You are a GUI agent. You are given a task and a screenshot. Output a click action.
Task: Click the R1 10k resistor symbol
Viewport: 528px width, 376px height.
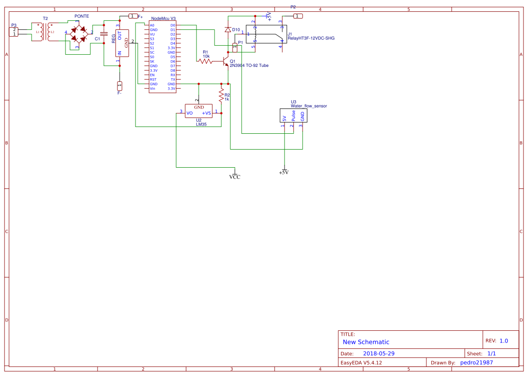click(205, 61)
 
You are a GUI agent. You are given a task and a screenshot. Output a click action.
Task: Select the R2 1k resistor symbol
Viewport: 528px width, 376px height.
click(221, 96)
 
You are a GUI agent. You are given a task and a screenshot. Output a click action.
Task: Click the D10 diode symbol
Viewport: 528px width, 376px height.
click(228, 30)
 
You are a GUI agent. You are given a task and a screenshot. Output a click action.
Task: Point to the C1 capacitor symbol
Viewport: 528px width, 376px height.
click(104, 34)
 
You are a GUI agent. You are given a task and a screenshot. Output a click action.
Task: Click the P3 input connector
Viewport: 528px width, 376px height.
click(14, 32)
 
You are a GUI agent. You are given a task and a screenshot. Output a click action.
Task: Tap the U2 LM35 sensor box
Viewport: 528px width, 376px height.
click(198, 111)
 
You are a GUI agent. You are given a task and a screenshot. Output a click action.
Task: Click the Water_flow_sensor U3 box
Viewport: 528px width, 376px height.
click(294, 116)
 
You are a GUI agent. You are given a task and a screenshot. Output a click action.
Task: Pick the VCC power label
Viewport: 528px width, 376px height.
click(235, 177)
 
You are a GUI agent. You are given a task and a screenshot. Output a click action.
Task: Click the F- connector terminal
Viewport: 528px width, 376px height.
click(120, 85)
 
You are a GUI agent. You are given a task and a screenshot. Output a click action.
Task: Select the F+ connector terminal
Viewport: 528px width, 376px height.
click(133, 16)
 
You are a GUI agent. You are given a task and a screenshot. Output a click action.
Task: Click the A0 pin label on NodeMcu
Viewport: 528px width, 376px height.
click(152, 25)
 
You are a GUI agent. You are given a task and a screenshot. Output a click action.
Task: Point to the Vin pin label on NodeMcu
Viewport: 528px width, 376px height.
click(153, 89)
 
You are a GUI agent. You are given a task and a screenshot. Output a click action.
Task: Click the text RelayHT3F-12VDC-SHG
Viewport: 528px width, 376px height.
click(311, 38)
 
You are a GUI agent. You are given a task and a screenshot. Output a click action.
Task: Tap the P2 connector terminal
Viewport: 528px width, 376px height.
click(298, 16)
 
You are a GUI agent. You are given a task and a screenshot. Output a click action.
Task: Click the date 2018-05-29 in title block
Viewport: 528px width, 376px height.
click(378, 353)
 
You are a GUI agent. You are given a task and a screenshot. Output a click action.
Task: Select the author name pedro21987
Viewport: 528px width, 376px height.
click(477, 362)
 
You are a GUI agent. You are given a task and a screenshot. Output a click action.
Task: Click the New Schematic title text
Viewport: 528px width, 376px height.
click(366, 342)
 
